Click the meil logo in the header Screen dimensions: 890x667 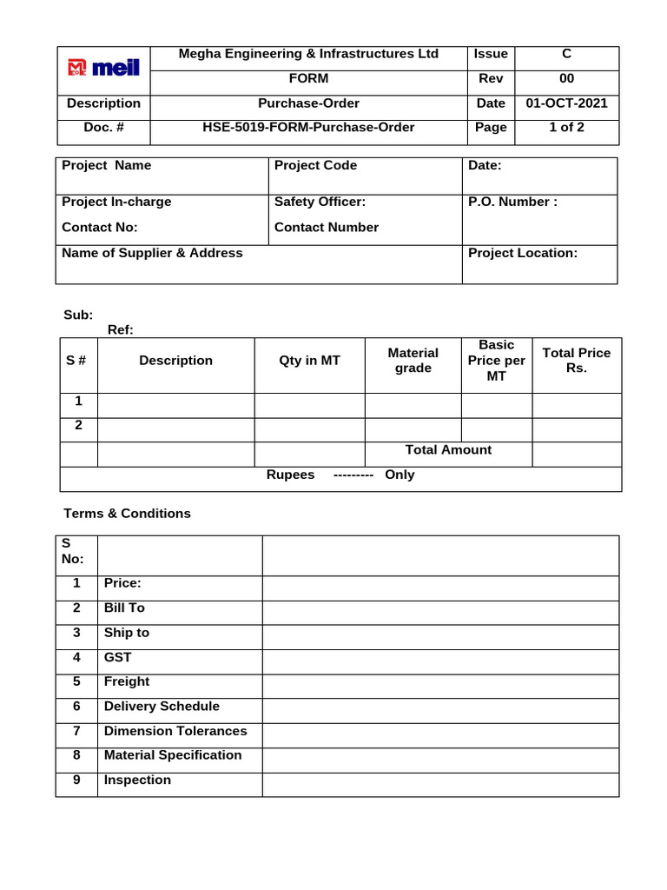[x=103, y=69]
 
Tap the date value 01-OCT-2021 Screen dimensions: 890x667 [x=566, y=103]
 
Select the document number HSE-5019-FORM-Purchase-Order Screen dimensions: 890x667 [x=308, y=128]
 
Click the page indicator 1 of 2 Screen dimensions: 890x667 [x=566, y=128]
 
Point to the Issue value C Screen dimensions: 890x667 [x=566, y=54]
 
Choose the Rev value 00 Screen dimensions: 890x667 [x=566, y=79]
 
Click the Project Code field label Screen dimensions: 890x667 [x=315, y=165]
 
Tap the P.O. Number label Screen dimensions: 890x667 [x=512, y=202]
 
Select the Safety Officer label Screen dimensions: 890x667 [x=320, y=202]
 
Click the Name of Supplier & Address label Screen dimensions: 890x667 [x=152, y=253]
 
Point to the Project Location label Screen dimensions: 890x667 [x=522, y=253]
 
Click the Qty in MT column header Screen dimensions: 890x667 [x=309, y=361]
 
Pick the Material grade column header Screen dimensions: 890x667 [x=413, y=361]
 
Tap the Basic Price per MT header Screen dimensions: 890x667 [x=496, y=361]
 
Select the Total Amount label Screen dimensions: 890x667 [x=448, y=450]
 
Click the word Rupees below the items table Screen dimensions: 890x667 [x=290, y=475]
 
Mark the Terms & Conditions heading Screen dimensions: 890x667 [x=127, y=514]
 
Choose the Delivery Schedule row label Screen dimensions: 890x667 [x=162, y=707]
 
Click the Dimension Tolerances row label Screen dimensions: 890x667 [x=175, y=731]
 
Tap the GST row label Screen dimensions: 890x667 [x=117, y=658]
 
